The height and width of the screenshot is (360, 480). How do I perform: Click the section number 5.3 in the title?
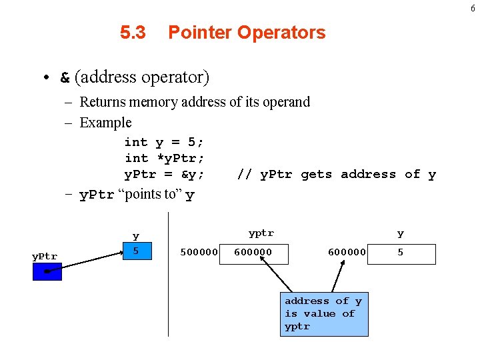coord(133,33)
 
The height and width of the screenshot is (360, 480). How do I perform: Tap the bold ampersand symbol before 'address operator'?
coord(65,78)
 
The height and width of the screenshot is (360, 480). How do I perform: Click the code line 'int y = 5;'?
coord(164,142)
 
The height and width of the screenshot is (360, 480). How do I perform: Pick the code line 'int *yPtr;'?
coord(164,158)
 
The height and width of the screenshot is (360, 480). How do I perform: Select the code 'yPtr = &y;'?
coord(164,175)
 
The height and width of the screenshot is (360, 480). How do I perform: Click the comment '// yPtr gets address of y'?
coord(337,175)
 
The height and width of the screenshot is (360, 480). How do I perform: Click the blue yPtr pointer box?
coord(47,271)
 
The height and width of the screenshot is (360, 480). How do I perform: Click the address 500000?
coord(199,253)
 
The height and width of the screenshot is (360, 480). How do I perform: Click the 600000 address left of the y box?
coord(347,253)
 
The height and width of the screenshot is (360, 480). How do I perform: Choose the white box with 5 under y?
coord(401,254)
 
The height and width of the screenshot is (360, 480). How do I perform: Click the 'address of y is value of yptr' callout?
coord(323,314)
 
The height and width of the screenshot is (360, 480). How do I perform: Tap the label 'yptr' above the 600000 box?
coord(261,233)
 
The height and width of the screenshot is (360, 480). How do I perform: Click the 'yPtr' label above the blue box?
coord(45,257)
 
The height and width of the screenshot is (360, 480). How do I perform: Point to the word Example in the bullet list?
coord(105,123)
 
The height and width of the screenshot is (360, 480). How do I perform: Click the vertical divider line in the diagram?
coord(168,280)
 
